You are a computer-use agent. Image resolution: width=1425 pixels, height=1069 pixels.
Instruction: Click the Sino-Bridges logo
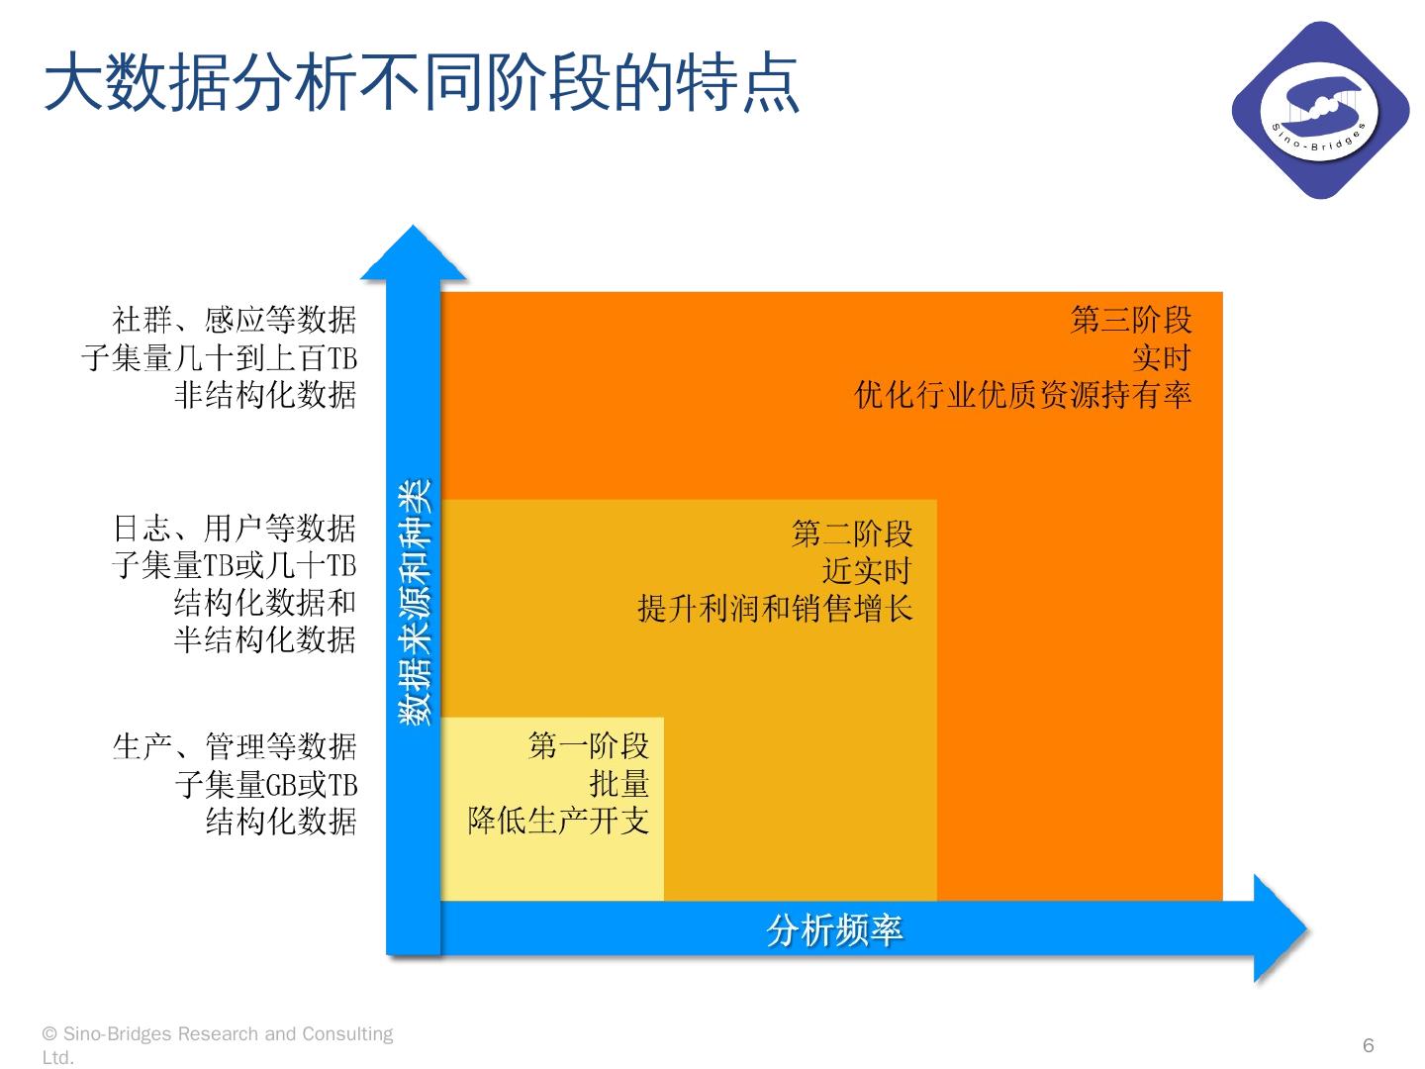point(1319,109)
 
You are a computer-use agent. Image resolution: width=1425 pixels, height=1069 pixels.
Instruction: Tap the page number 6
point(1369,1045)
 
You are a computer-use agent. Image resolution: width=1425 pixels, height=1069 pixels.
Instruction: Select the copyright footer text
point(218,1044)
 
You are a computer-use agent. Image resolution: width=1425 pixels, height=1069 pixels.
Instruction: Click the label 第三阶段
point(1131,320)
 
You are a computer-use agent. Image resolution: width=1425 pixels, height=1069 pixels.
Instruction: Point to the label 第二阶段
point(852,534)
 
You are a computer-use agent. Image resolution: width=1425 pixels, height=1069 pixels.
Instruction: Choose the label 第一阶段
point(589,745)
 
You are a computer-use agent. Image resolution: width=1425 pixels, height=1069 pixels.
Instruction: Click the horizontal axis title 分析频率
point(834,930)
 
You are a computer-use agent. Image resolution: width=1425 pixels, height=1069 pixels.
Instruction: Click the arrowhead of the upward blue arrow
point(414,253)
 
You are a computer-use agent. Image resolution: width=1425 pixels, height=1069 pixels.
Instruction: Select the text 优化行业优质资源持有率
point(1023,395)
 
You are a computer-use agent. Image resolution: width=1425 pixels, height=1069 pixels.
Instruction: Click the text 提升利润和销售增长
point(775,608)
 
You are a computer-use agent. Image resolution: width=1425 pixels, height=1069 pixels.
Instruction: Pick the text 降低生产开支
point(558,821)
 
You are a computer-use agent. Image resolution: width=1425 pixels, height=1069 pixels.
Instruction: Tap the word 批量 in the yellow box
point(619,783)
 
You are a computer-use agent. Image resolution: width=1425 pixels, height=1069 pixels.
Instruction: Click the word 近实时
point(866,571)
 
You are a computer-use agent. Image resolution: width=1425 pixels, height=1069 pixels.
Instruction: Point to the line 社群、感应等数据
point(235,320)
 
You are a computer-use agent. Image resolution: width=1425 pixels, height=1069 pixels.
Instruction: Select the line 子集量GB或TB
point(265,784)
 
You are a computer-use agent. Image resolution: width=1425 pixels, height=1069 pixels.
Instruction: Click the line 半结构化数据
point(265,639)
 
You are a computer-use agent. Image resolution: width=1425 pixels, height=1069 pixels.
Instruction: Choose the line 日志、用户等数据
point(235,529)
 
